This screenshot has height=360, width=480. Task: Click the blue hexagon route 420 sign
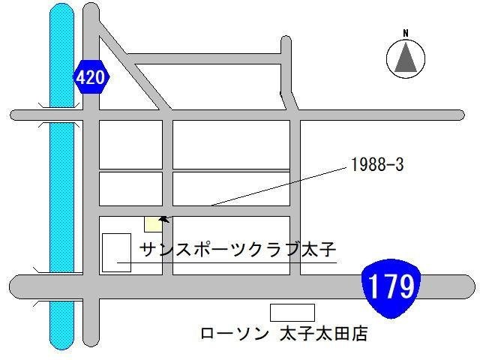91,77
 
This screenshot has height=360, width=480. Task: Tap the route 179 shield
390,286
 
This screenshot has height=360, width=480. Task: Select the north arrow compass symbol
405,58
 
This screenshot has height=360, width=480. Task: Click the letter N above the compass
405,33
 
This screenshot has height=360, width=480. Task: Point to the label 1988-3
377,165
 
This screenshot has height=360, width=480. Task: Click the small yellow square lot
152,223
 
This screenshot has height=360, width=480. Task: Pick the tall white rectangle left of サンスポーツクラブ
116,252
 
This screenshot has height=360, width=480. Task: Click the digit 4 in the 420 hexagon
82,78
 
